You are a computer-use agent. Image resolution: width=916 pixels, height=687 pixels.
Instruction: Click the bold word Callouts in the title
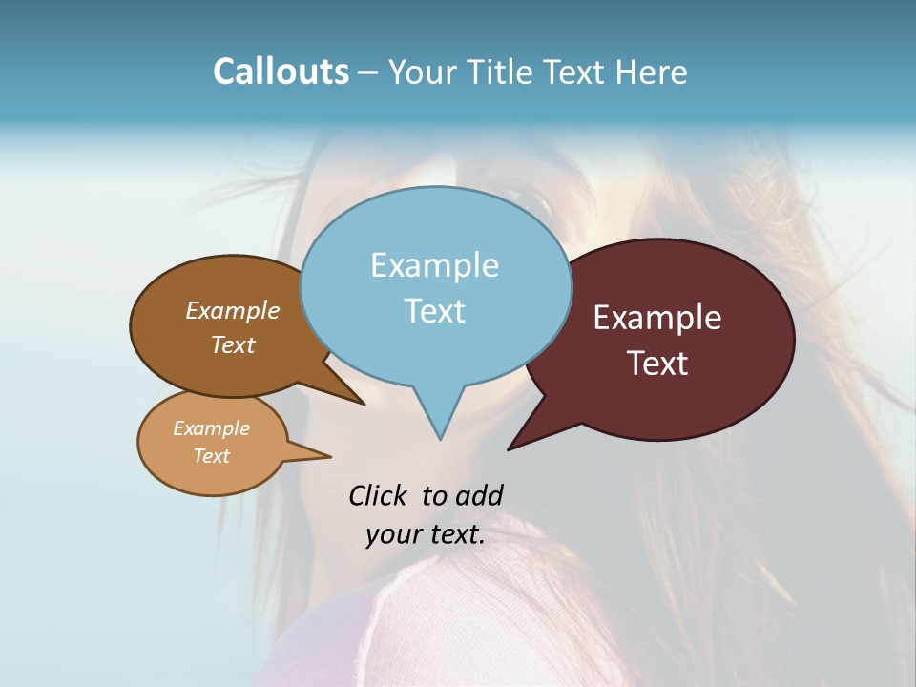[x=281, y=72]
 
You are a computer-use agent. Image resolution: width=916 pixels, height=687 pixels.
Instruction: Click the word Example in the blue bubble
[x=434, y=265]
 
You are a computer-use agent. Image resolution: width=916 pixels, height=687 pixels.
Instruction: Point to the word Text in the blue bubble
[x=434, y=311]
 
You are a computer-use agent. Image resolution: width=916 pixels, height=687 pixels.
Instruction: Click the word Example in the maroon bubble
[x=657, y=318]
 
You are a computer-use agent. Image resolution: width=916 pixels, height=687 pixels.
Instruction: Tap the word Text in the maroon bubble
[x=658, y=364]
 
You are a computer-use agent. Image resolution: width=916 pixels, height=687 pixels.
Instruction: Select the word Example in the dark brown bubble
[x=232, y=311]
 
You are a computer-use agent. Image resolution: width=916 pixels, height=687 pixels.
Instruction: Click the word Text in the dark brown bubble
[x=232, y=345]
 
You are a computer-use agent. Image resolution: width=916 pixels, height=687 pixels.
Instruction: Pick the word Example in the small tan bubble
[x=211, y=428]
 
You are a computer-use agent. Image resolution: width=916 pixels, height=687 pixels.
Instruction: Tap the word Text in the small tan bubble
[x=211, y=456]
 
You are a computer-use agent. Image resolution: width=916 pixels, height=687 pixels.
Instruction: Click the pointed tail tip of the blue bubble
[x=440, y=439]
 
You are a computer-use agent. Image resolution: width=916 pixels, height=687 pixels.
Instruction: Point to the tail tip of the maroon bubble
[x=509, y=448]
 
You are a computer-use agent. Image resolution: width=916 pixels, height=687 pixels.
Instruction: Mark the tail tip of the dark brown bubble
[x=364, y=404]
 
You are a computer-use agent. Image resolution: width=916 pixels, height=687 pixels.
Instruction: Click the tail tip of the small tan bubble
[x=330, y=456]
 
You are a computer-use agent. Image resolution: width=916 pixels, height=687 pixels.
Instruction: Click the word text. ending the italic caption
[x=455, y=535]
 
